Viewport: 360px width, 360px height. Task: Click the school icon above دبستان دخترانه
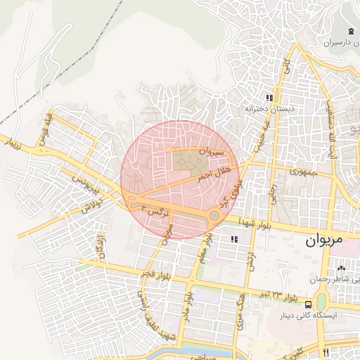(269, 98)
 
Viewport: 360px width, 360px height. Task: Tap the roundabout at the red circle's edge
(214, 215)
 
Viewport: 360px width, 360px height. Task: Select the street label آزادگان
(103, 245)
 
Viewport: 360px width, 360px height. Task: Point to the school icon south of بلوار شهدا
(234, 240)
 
